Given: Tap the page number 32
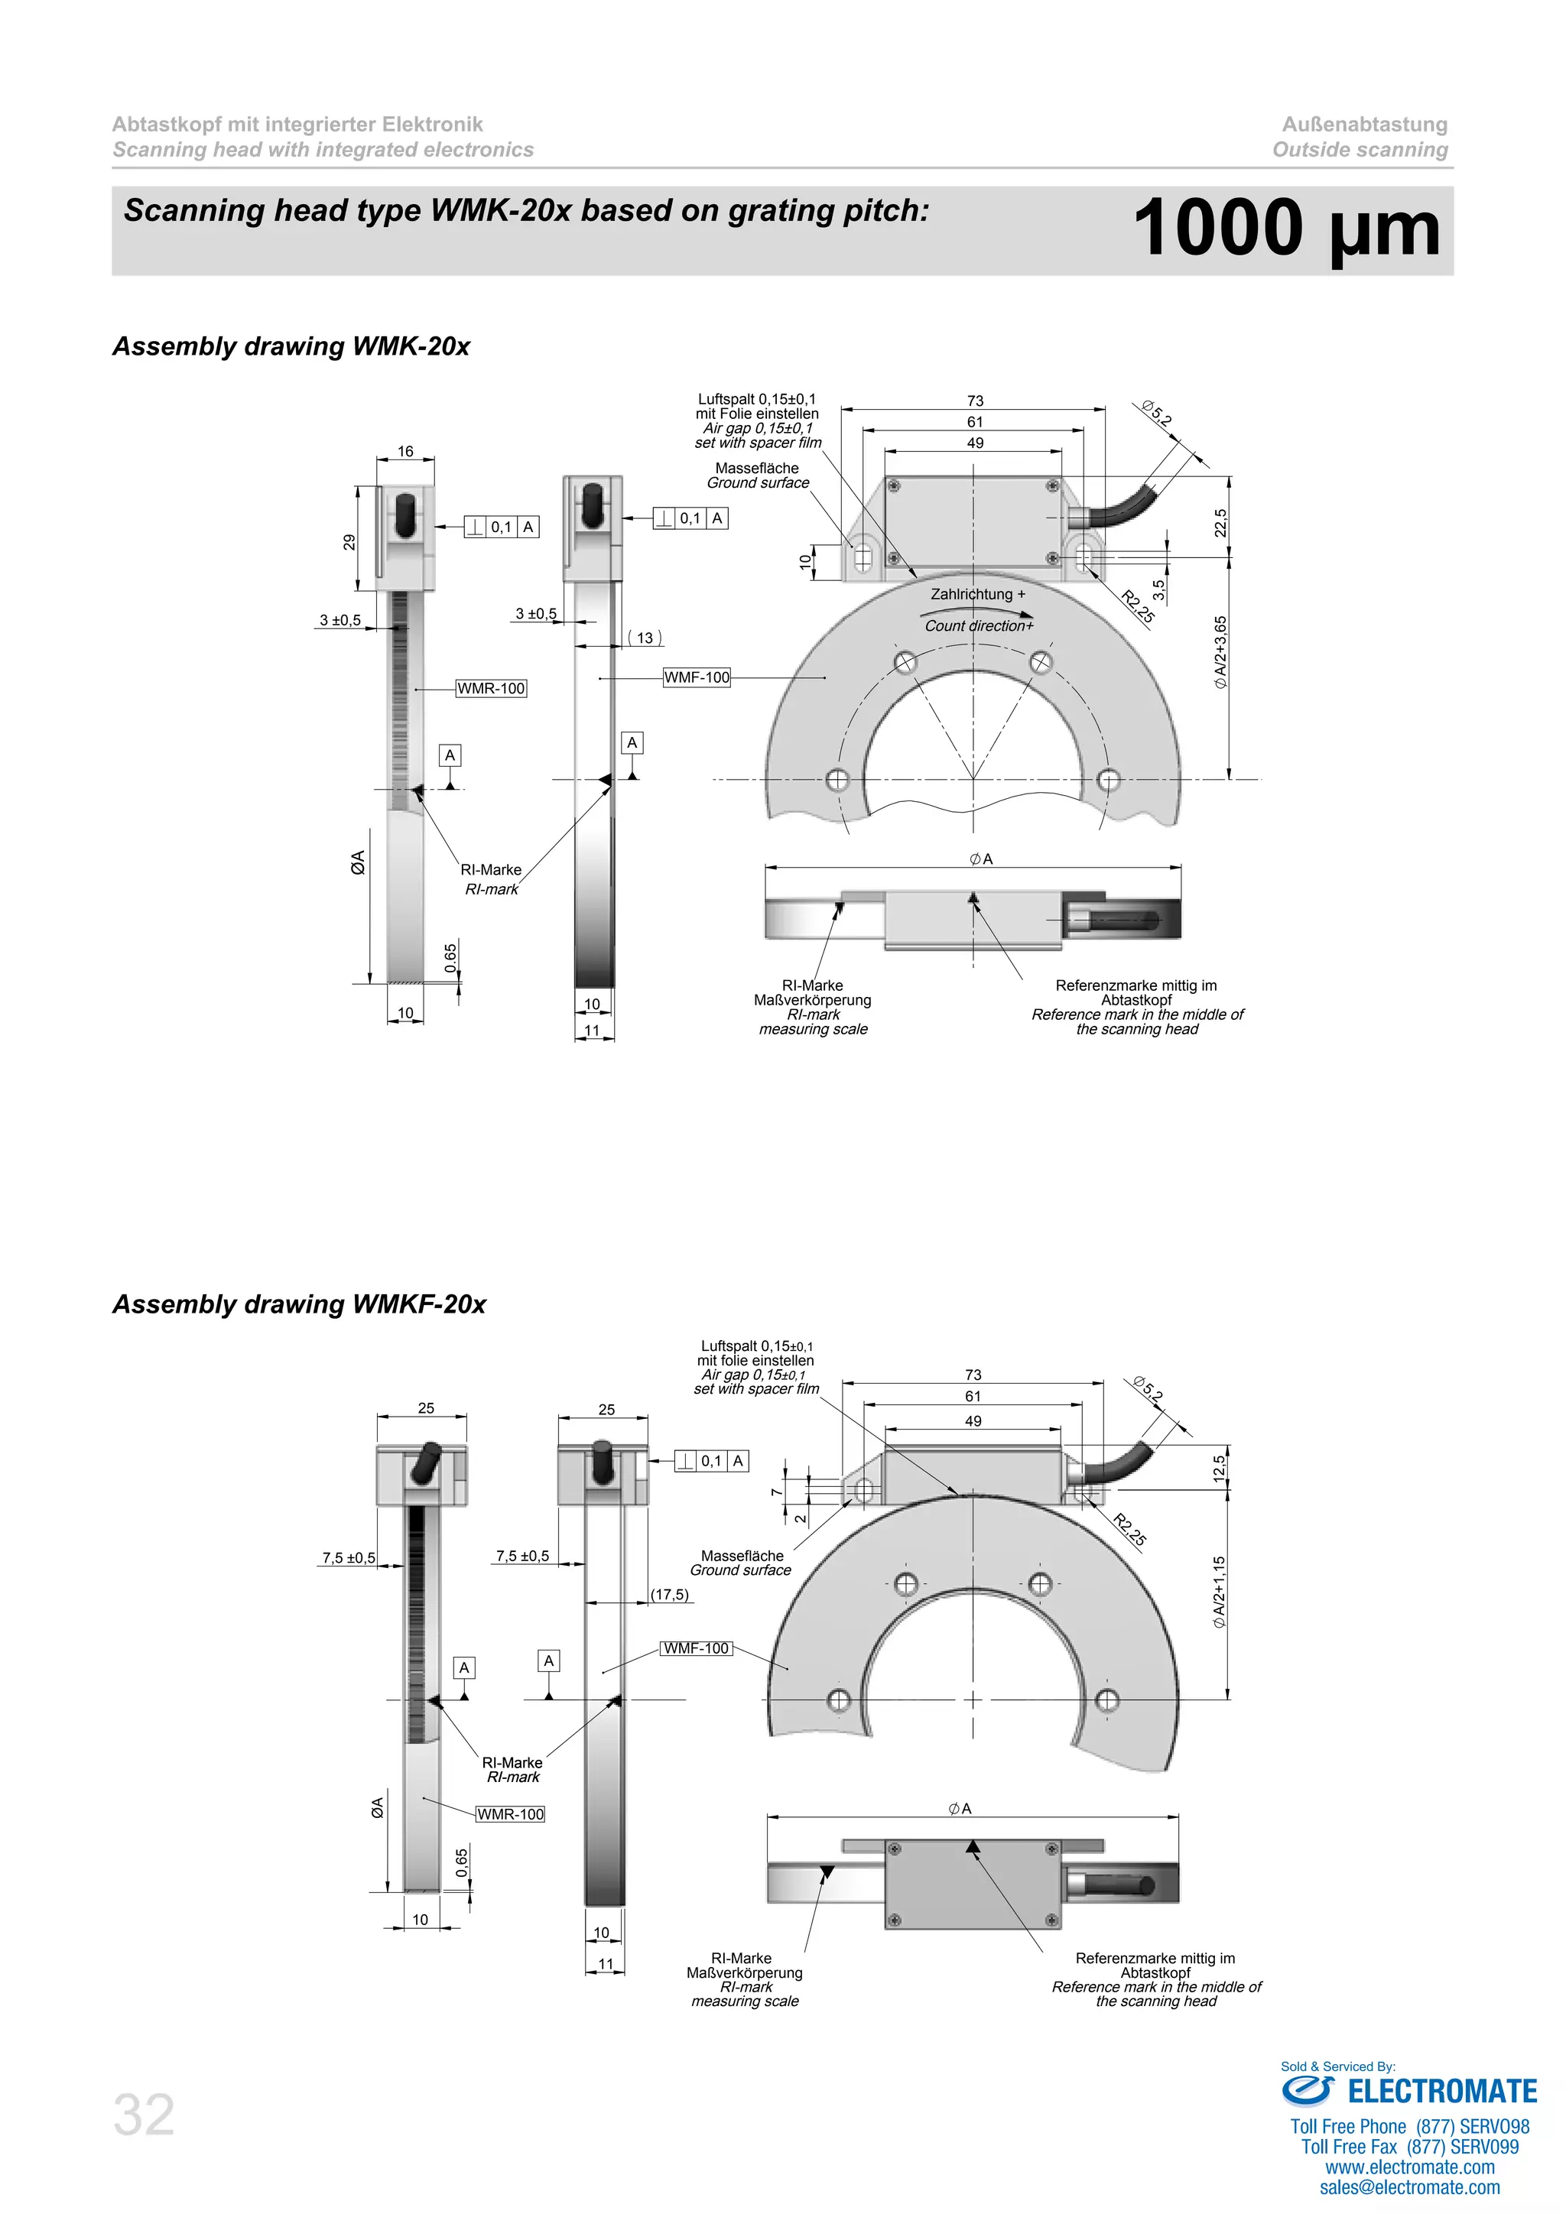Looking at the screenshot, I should pos(144,2115).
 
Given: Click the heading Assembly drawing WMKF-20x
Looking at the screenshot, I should pos(299,1303).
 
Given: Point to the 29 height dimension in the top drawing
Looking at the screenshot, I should pos(349,542).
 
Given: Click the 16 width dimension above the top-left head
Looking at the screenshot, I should pos(405,451).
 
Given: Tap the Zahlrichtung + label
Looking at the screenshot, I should pos(976,594).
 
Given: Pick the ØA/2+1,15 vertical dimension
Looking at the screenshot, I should pos(1219,1592).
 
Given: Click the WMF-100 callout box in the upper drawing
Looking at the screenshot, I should pos(697,677).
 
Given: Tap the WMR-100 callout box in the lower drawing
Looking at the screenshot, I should pos(510,1814).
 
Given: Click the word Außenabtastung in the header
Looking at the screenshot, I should pos(1363,125).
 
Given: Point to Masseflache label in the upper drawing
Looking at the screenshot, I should pos(756,468).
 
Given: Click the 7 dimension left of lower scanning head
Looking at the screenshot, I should pos(776,1493).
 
